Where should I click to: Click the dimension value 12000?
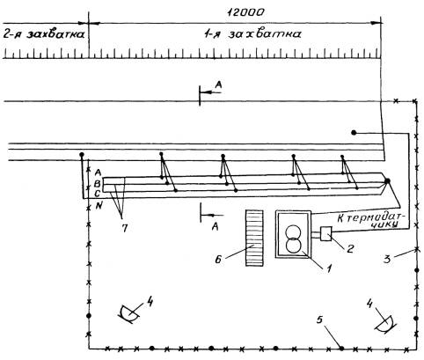(246, 12)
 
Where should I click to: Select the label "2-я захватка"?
(44, 34)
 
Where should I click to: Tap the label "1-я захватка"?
(252, 34)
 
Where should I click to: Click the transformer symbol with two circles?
(293, 239)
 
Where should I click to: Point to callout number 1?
(329, 268)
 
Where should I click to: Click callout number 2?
(350, 248)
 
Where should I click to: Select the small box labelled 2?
(326, 234)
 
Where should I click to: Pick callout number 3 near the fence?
(387, 259)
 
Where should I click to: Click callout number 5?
(319, 320)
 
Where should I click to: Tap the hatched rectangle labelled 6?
(254, 239)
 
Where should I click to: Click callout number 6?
(218, 260)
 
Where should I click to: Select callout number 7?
(125, 228)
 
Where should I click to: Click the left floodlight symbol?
(128, 314)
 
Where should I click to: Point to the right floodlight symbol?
(385, 325)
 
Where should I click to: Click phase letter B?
(98, 184)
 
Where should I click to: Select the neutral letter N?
(99, 206)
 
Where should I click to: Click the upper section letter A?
(219, 84)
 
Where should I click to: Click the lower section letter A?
(216, 226)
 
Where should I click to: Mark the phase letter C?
(98, 194)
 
